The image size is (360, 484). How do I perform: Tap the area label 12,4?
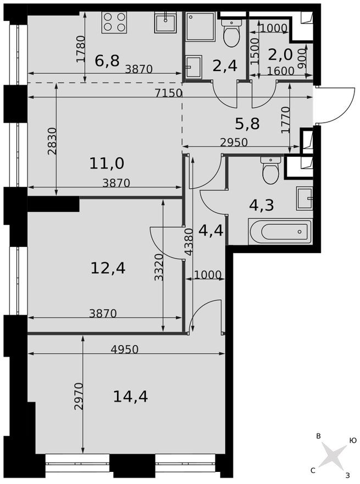coord(108,268)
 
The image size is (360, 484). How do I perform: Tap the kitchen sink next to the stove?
coord(164,23)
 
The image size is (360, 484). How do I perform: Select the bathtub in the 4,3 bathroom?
coord(280,232)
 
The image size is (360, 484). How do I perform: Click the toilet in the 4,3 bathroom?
coord(271,170)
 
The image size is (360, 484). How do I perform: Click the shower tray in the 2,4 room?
coord(200,26)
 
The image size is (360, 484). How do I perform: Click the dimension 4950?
coord(124,349)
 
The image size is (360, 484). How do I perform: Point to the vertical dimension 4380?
coord(189,242)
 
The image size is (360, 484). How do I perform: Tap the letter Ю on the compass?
coord(353,441)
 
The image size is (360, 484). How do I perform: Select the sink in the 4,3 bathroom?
coord(304,198)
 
